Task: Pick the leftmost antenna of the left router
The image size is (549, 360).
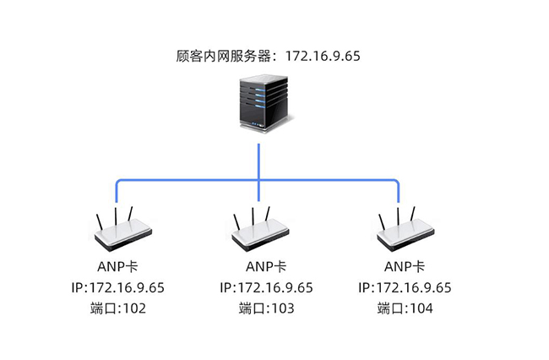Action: (98, 222)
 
